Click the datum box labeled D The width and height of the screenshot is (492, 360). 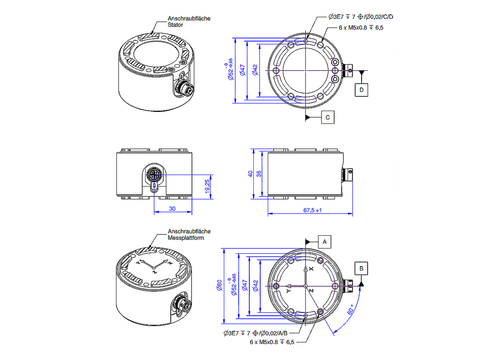point(361,89)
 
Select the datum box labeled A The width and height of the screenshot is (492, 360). point(324,242)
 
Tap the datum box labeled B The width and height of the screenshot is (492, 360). point(361,268)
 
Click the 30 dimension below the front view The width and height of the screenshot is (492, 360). point(172,209)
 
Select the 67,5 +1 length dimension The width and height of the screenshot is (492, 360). point(312,210)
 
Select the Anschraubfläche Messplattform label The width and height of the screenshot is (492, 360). point(189,235)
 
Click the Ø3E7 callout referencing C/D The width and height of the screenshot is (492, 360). point(360,17)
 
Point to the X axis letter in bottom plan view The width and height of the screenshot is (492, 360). point(312,269)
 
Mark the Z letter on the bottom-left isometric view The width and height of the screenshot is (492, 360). point(154,271)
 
